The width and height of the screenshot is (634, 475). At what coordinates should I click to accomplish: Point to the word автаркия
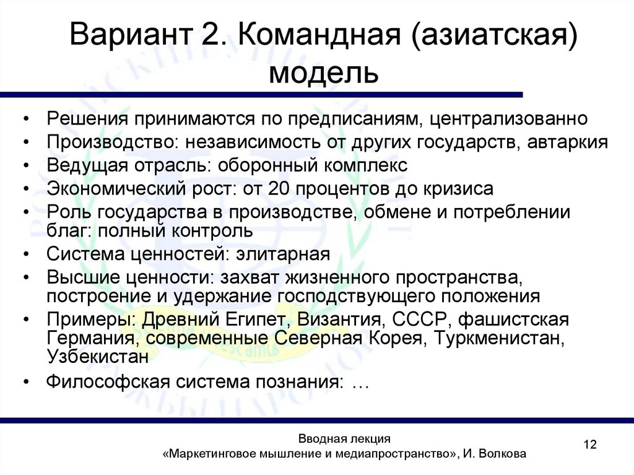pyautogui.click(x=568, y=141)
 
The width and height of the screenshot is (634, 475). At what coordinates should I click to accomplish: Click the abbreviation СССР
pyautogui.click(x=410, y=320)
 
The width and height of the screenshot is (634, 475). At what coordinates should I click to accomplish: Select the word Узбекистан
pyautogui.click(x=98, y=357)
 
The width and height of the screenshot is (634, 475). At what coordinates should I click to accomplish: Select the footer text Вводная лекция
pyautogui.click(x=344, y=438)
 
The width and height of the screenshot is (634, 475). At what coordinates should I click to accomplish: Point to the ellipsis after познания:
pyautogui.click(x=360, y=381)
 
